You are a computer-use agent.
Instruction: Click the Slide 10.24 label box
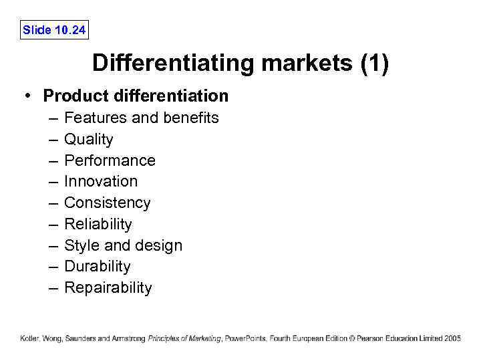54,29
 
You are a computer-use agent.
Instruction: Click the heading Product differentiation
136,96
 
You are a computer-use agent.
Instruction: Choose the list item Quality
89,140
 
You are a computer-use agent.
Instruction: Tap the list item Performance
110,161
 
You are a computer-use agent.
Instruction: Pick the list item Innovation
101,182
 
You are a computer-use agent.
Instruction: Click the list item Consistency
108,203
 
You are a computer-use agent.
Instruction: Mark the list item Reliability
98,225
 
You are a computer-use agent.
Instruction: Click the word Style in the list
79,246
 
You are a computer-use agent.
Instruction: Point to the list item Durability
98,267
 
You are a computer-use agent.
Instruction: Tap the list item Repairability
108,288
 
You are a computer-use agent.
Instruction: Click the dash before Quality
53,140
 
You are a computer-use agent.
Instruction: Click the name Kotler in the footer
29,339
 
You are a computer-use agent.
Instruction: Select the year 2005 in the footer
452,339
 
